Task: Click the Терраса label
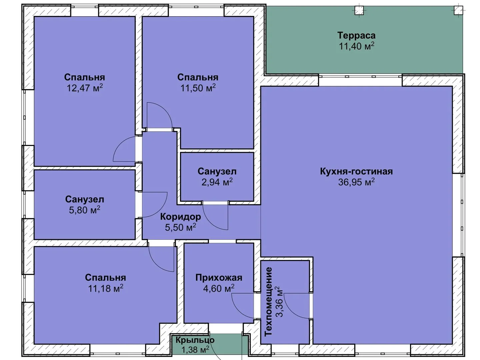[x=356, y=36]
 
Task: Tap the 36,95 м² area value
[x=356, y=182]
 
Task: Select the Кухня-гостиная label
[x=356, y=171]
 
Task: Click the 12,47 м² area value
[x=85, y=88]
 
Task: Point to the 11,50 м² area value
[x=198, y=88]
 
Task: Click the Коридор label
[x=180, y=217]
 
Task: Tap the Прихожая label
[x=219, y=278]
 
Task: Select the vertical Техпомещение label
[x=268, y=302]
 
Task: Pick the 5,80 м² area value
[x=85, y=210]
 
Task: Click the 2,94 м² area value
[x=217, y=182]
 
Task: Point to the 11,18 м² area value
[x=106, y=288]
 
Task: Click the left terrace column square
[x=359, y=10]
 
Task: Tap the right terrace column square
[x=458, y=10]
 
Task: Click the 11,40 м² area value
[x=356, y=46]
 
